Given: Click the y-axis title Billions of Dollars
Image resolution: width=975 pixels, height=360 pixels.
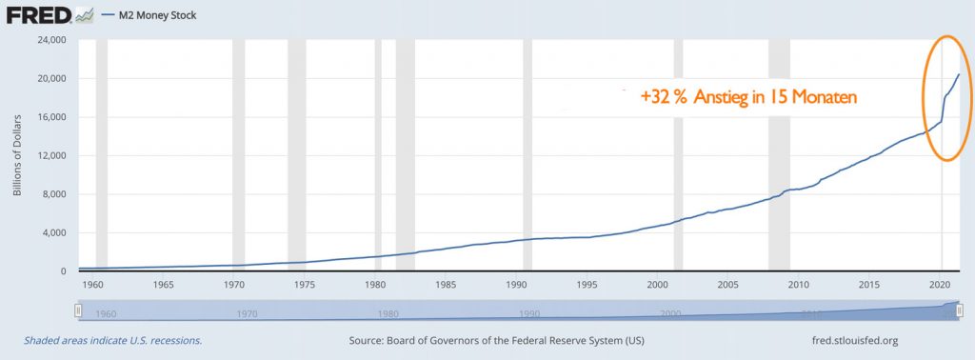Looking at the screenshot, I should [x=18, y=155].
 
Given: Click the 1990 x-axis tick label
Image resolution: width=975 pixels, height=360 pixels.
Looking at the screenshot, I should [x=515, y=285].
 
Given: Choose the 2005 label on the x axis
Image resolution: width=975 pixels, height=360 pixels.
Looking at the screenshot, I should [x=727, y=285].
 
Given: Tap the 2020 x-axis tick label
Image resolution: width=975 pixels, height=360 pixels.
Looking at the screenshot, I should [x=940, y=285].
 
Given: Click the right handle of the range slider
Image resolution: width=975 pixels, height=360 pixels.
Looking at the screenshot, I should [x=961, y=311].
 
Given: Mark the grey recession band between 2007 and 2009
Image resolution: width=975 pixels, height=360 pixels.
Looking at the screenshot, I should [x=779, y=152].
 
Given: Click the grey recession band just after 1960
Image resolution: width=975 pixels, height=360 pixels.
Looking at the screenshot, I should [x=102, y=152].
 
